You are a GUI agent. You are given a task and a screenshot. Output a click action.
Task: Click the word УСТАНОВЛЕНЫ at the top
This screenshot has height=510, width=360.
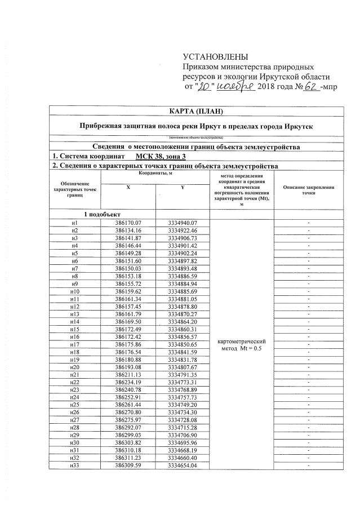[x=215, y=57]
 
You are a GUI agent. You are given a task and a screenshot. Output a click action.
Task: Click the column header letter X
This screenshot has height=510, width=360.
[x=127, y=188]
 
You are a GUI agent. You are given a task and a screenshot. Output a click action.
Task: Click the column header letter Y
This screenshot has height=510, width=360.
[x=183, y=188]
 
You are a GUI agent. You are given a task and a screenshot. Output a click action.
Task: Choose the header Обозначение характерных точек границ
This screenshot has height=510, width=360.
[x=74, y=189]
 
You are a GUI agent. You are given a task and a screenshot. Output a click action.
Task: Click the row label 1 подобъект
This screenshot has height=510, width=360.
[x=103, y=215]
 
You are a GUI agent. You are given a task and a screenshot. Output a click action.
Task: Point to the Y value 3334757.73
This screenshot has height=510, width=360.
[x=183, y=397]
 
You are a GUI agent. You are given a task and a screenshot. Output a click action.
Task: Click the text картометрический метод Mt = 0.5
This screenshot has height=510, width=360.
[x=241, y=345]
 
